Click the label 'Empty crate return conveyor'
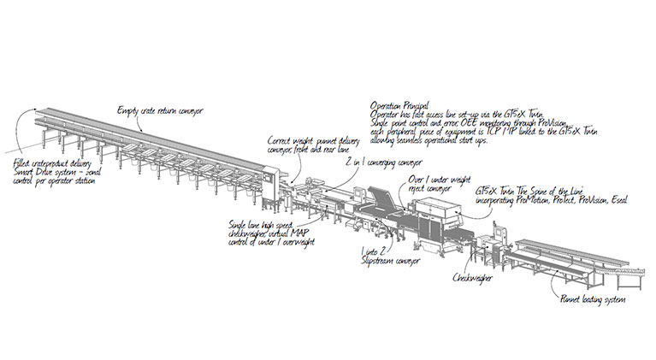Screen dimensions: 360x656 [160, 109]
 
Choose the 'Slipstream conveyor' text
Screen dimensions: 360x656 [390, 261]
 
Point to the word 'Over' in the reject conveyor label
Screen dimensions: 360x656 [417, 179]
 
